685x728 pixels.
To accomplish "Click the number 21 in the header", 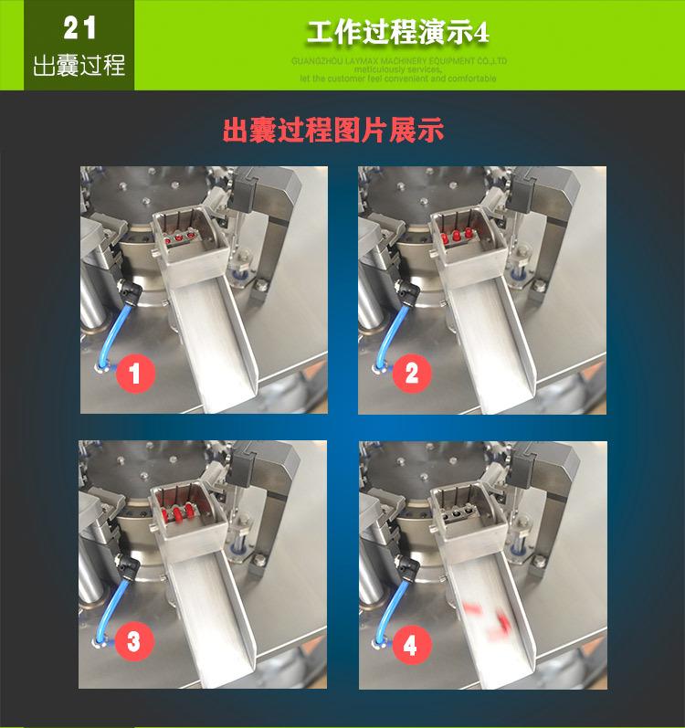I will coord(79,28).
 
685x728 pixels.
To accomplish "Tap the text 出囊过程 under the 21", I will coord(79,67).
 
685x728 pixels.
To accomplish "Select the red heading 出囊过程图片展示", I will coord(333,130).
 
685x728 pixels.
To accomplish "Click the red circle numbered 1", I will coord(134,373).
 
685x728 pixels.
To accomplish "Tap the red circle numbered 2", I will coord(411,373).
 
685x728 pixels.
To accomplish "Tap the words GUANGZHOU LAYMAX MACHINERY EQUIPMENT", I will coord(397,61).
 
